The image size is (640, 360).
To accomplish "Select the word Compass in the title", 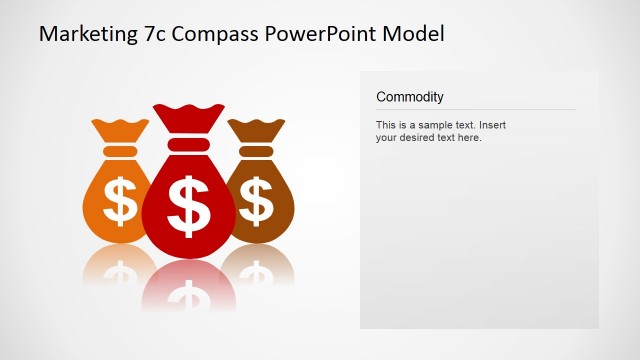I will pos(215,34).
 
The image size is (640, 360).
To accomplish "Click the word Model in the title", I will pos(415,33).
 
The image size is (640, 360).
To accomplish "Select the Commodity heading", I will pos(410,97).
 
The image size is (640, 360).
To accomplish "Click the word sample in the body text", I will pos(431,125).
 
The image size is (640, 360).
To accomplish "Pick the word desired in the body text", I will pos(418,138).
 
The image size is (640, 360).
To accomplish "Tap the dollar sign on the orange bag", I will pos(121,200).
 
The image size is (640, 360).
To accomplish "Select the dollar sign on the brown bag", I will pos(257,200).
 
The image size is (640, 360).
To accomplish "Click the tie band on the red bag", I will pos(188,144).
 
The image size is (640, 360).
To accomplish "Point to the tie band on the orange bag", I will pos(119,151).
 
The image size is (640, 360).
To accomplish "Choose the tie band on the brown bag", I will pos(257,151).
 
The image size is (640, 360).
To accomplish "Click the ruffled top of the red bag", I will pos(188,118).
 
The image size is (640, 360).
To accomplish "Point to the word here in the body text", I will pos(470,138).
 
